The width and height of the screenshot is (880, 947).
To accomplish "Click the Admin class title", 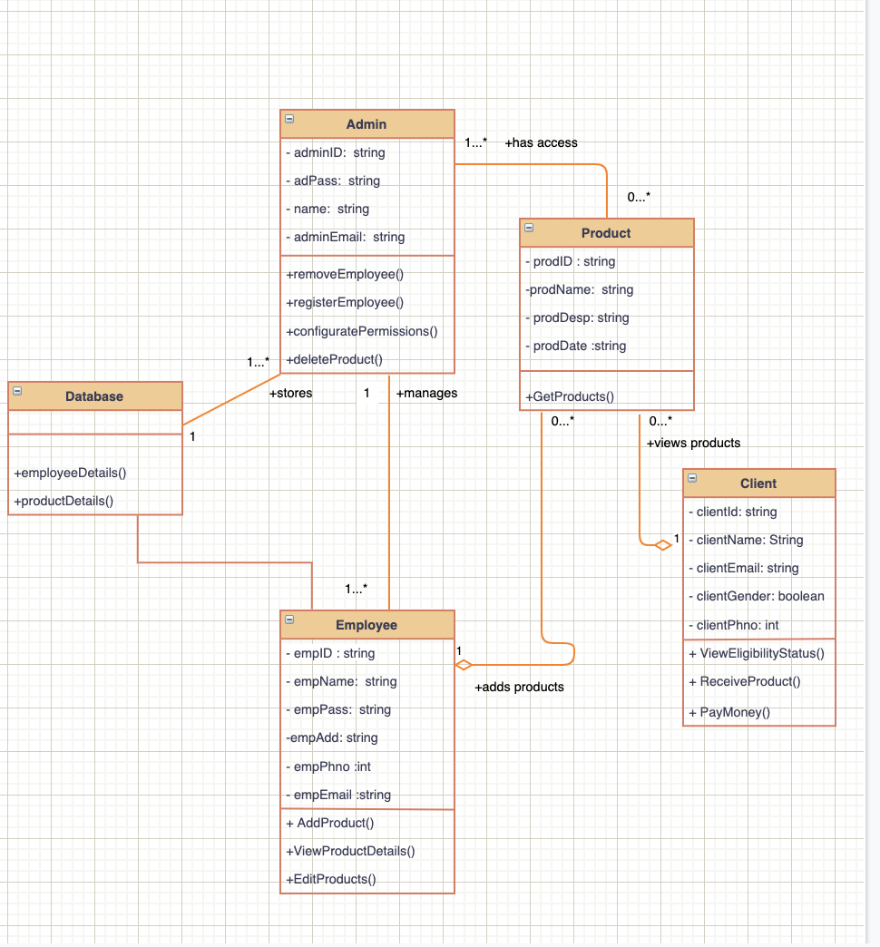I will (x=367, y=124).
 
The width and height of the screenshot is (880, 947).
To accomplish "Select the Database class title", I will (x=94, y=396).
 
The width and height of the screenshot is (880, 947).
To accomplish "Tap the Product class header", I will (x=606, y=233).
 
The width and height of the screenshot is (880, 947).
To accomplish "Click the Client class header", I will (x=758, y=483).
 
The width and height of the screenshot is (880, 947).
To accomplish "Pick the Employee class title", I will (x=367, y=625).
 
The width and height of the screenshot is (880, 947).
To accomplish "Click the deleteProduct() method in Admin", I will (x=335, y=359).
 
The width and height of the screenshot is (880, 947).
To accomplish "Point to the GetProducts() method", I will (x=570, y=395).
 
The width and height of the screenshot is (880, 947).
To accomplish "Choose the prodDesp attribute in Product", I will (x=581, y=317).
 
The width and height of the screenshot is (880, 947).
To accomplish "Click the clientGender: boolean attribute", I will (x=757, y=596).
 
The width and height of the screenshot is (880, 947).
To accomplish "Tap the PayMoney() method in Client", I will (x=729, y=712).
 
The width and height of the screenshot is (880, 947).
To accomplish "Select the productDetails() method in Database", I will (x=64, y=501).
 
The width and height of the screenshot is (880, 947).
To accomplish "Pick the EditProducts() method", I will (x=331, y=879).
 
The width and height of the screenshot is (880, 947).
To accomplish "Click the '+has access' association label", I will (x=541, y=142).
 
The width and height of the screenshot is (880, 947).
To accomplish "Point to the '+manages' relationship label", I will (x=426, y=393).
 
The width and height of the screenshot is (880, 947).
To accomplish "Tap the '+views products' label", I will (x=693, y=443).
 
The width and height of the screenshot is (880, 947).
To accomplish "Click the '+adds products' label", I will (x=519, y=687).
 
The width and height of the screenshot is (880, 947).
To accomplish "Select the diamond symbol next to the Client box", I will (x=662, y=544).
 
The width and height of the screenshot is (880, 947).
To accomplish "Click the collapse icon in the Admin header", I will (x=289, y=119).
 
